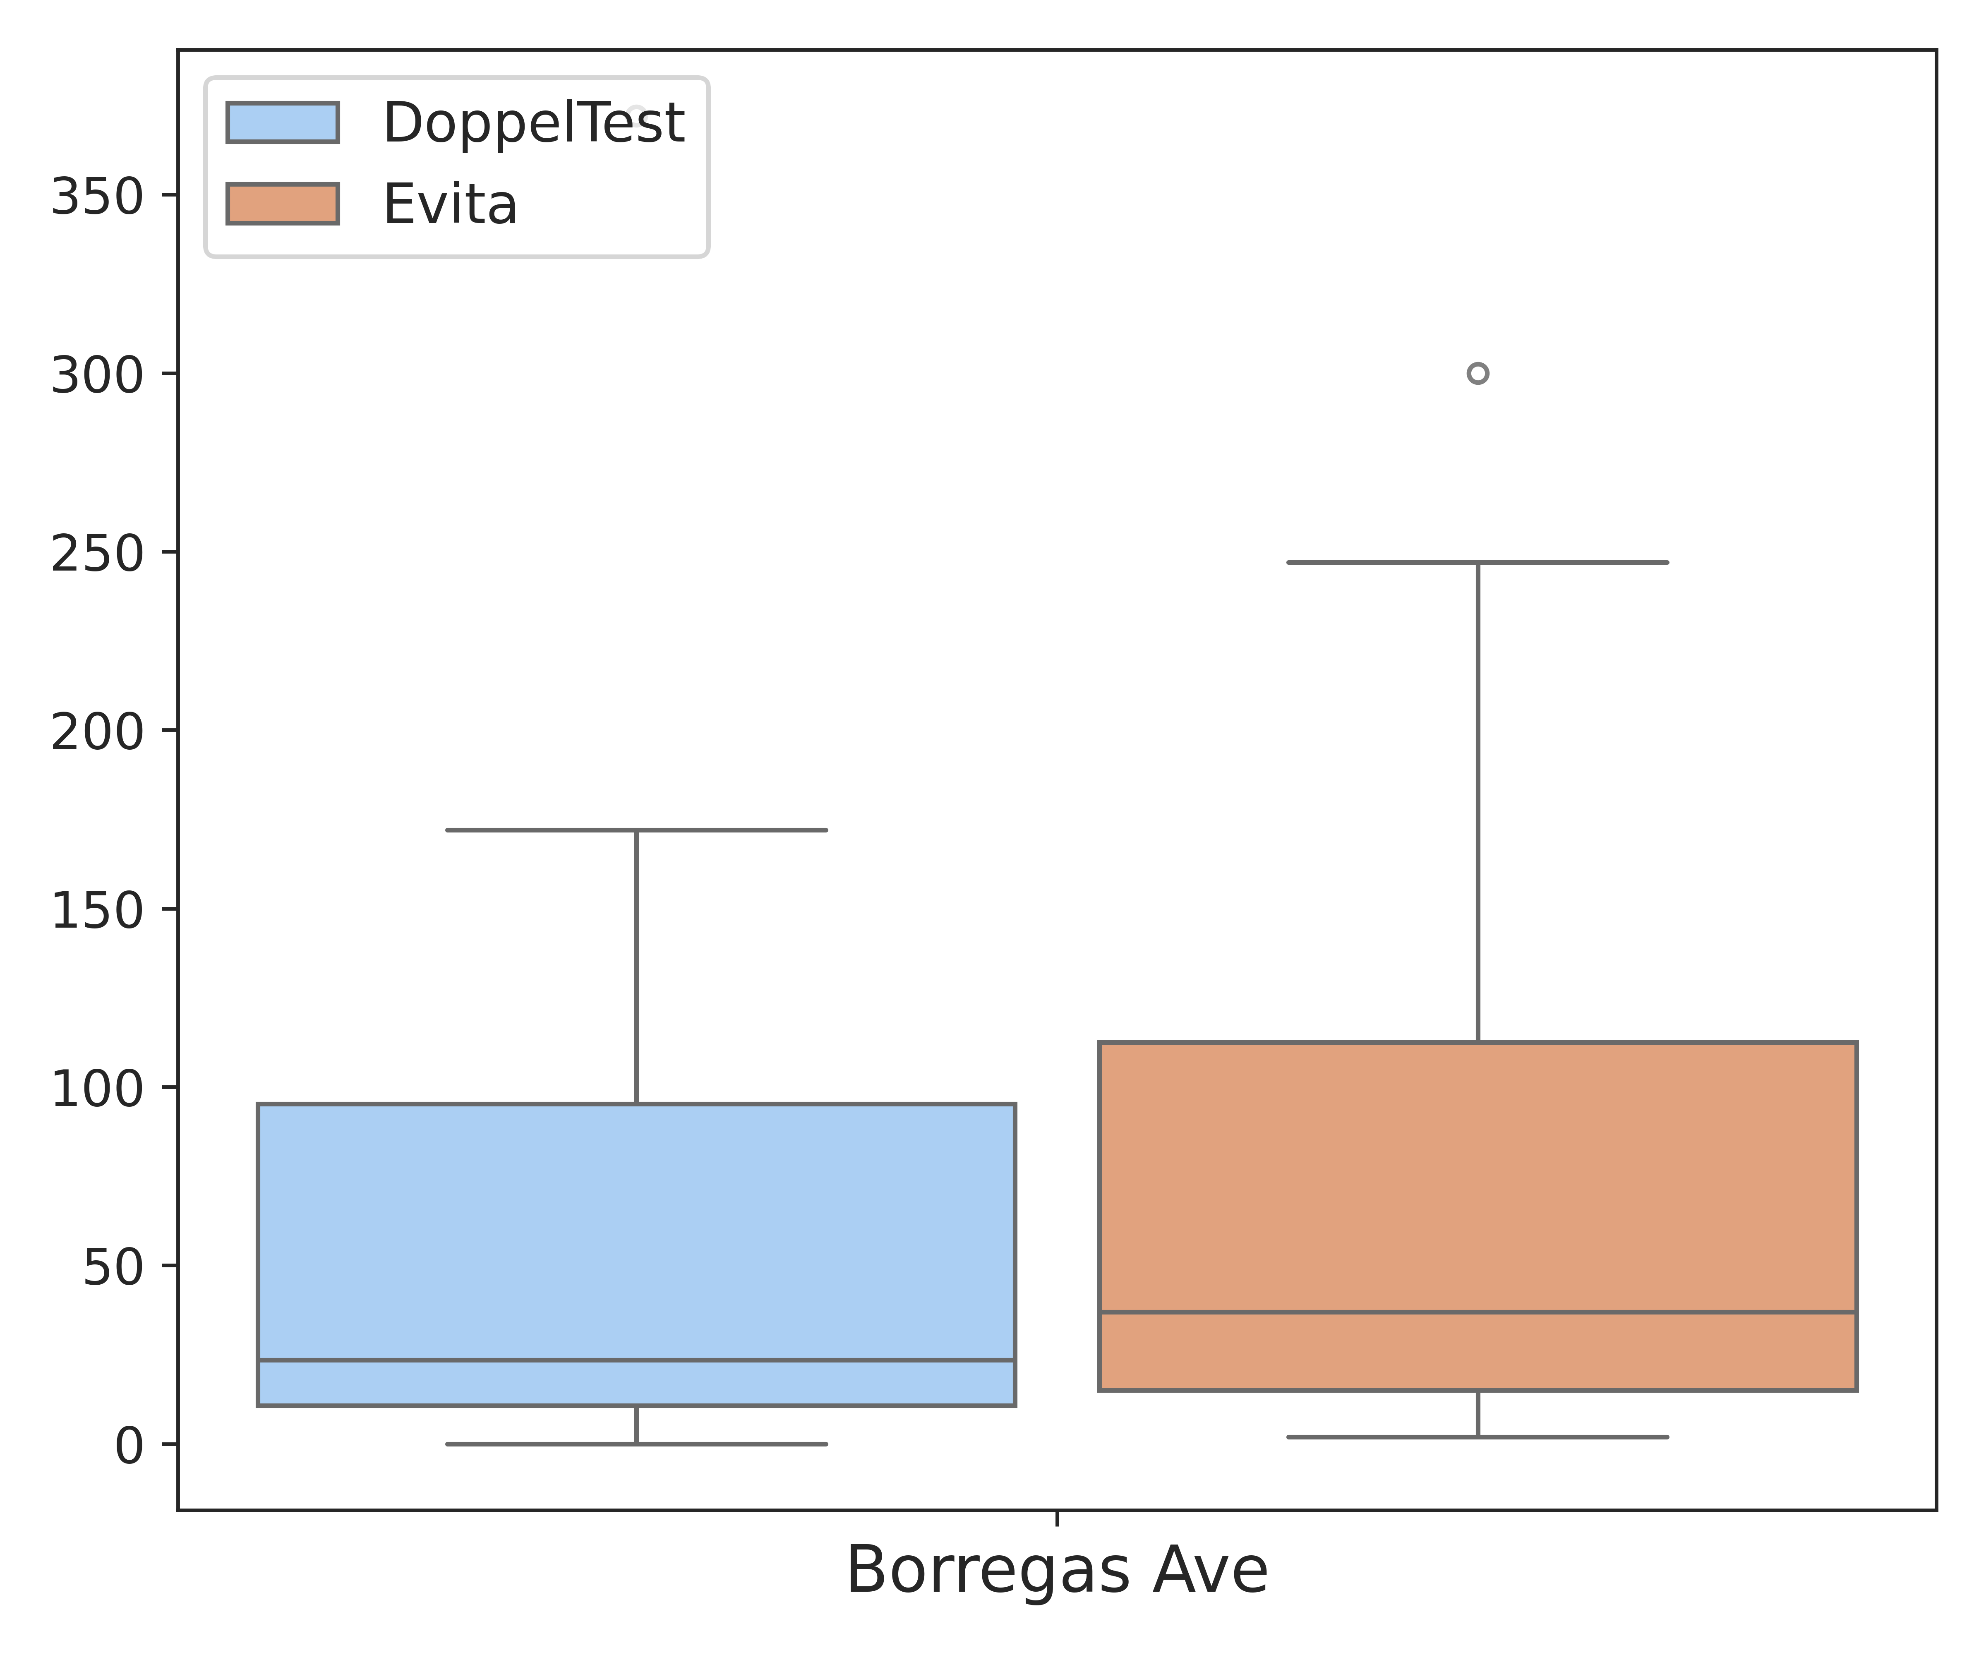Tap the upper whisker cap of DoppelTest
pos(636,830)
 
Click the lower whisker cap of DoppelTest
pos(636,1444)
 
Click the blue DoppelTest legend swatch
pos(283,123)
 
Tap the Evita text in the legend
pos(450,204)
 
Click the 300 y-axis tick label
pos(97,375)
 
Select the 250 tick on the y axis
pos(97,554)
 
